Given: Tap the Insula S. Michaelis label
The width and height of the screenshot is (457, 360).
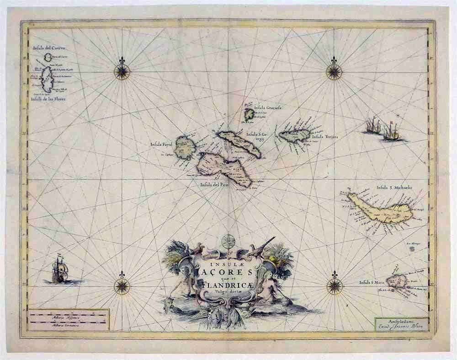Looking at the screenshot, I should (394, 187).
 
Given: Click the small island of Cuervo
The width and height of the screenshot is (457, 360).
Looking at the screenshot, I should (48, 57).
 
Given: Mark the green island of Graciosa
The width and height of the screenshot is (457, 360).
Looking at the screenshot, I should (249, 114).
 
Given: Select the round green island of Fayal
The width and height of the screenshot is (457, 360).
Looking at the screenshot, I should (186, 147).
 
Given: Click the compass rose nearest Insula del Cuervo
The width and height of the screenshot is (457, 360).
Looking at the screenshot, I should (122, 71).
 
